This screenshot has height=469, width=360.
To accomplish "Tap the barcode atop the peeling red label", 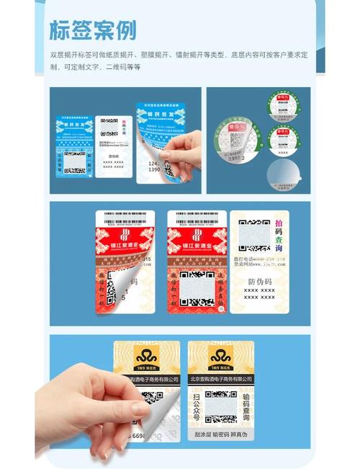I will tap(123, 215).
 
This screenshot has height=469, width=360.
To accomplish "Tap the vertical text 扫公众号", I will tap(197, 406).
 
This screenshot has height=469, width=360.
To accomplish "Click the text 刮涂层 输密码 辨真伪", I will tap(221, 435).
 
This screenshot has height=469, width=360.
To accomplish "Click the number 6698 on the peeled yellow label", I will tap(138, 436).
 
